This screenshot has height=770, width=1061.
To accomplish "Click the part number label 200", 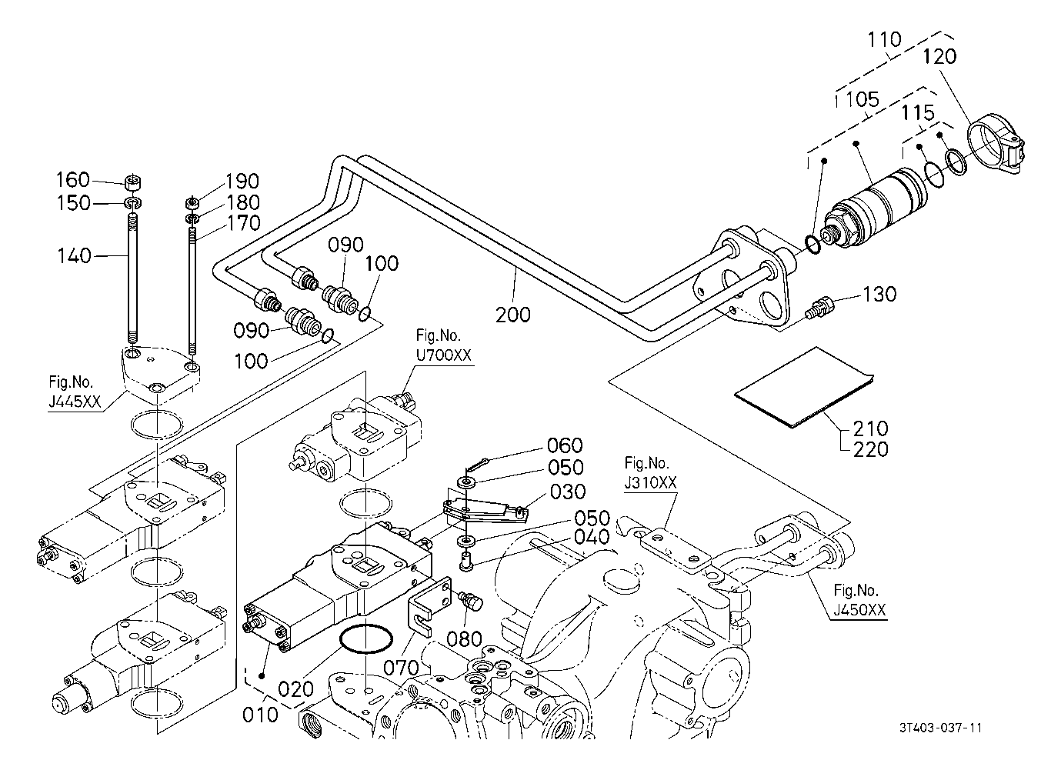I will (513, 314).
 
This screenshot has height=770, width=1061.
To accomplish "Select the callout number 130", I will (879, 294).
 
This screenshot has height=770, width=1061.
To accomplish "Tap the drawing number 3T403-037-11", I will (943, 727).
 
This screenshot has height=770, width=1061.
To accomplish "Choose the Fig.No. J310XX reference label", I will (650, 472).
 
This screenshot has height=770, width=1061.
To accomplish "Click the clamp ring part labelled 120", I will (996, 143).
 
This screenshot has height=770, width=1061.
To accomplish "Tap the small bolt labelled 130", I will (819, 306).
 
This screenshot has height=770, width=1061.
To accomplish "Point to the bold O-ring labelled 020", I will (365, 639).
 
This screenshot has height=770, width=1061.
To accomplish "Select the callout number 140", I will (74, 255).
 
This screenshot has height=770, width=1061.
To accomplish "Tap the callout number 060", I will (565, 445).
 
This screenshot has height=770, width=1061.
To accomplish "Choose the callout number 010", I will (260, 715).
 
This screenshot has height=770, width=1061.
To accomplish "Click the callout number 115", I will (918, 113).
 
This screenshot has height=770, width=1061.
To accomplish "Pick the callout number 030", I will (569, 491).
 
